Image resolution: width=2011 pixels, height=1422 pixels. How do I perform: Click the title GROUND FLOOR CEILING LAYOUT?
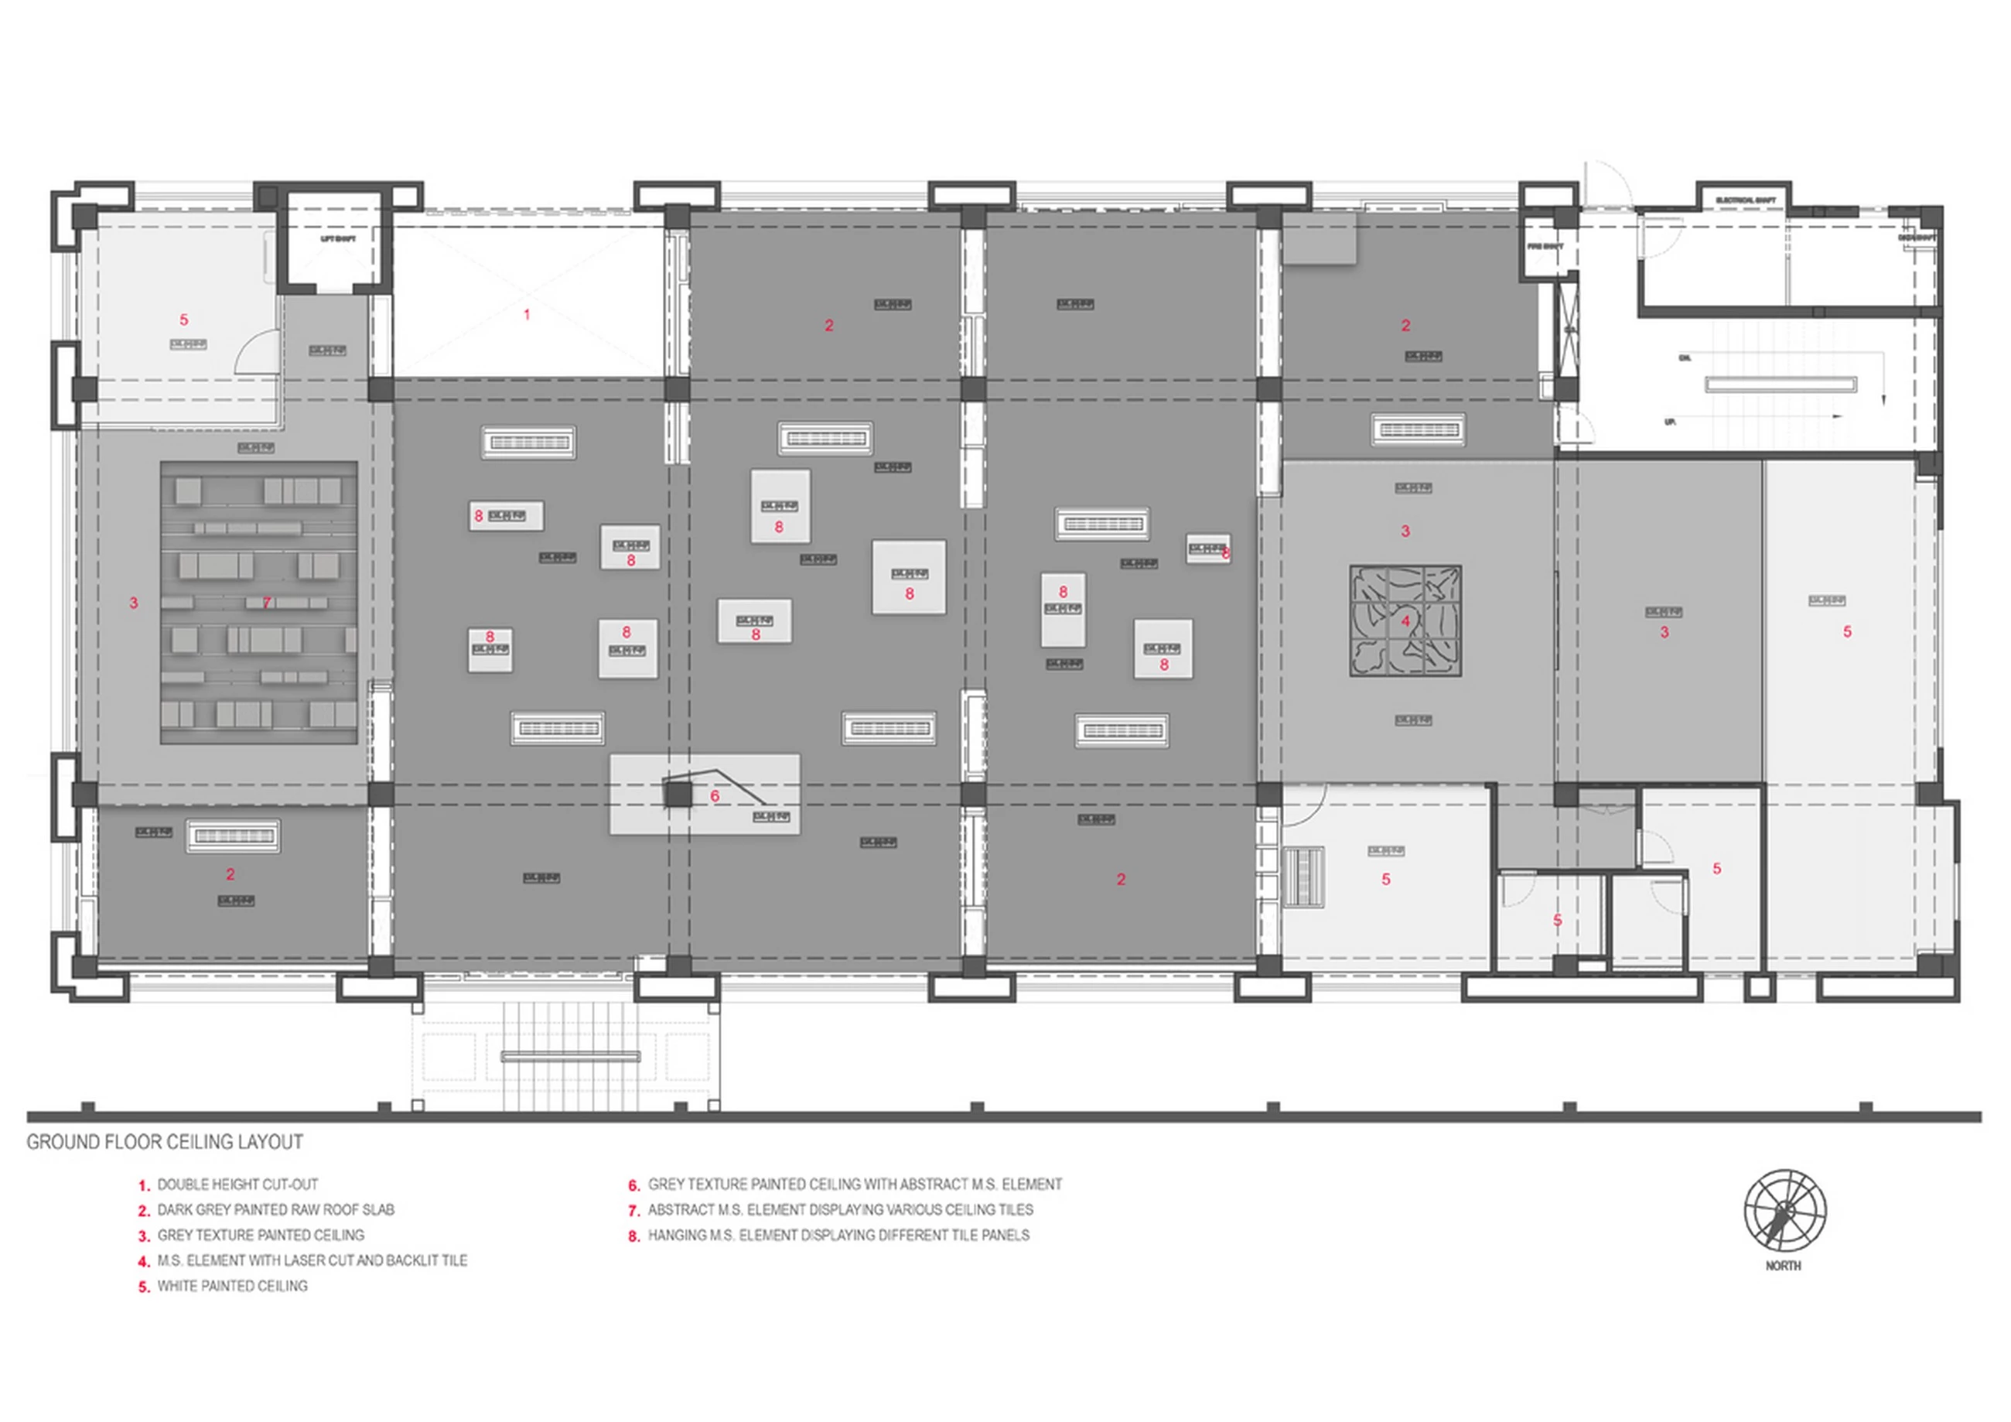click(165, 1142)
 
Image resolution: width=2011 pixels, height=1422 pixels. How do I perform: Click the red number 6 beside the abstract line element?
click(715, 796)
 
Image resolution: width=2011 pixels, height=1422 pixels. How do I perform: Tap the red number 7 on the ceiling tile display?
click(266, 603)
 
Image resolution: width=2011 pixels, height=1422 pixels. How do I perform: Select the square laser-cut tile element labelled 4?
click(1405, 621)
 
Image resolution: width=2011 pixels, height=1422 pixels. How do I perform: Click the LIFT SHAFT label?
click(338, 238)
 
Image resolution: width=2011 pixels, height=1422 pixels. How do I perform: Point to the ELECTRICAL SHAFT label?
click(1746, 200)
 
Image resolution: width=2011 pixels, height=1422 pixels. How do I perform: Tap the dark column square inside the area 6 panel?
click(677, 795)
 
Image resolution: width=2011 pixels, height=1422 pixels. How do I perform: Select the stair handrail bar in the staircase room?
click(1780, 384)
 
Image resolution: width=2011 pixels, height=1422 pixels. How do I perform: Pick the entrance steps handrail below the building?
click(570, 1057)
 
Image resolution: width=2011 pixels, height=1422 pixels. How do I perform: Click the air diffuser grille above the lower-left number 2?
click(233, 836)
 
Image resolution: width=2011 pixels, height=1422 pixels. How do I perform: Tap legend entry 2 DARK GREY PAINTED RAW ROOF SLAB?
click(275, 1210)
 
